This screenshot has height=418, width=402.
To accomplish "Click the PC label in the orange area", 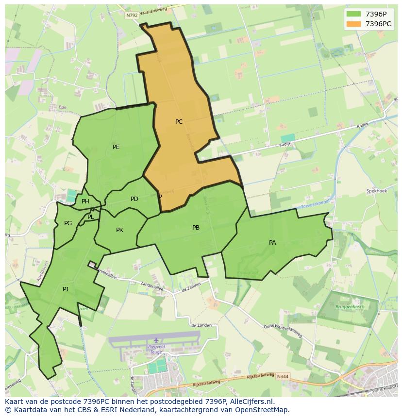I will point(179,122).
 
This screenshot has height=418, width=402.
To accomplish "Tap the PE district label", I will point(116,147).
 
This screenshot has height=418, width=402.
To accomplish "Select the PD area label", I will point(134,199).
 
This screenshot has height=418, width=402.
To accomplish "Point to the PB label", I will point(196,228).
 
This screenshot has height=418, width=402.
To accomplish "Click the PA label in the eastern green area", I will point(272,243).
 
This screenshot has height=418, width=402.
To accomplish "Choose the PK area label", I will point(119,230).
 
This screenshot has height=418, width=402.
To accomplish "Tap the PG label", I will point(68,223).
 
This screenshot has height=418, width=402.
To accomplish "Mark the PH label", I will point(85,202).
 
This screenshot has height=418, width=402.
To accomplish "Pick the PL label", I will point(91,217).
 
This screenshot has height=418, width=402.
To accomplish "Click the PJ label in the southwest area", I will point(66,289).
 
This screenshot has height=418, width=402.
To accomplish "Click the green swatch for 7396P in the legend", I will point(353,14).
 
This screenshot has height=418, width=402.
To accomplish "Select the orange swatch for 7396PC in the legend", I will point(353,24).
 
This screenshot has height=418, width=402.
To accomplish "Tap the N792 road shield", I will point(132,16).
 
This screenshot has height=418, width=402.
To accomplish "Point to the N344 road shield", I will point(284,377).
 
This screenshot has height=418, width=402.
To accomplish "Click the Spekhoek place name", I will point(376,191).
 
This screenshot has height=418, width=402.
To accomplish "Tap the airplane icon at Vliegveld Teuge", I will point(156,340).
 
